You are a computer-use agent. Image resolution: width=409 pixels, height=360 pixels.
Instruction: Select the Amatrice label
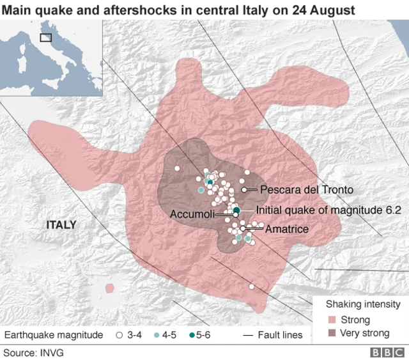[287, 229]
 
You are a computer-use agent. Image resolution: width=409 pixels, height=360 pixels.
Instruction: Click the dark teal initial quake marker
[236, 210]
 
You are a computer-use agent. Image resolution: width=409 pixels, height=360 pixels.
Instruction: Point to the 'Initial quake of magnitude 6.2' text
[328, 210]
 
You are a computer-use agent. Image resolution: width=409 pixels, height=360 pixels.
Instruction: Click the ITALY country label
[61, 225]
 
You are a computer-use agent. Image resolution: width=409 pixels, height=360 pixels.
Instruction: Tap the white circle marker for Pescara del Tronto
[245, 190]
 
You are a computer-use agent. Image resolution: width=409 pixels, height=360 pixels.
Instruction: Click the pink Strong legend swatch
[330, 320]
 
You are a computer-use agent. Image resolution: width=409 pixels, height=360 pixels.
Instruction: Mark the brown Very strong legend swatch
[330, 333]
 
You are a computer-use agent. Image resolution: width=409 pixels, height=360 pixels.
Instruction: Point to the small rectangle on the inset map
[46, 37]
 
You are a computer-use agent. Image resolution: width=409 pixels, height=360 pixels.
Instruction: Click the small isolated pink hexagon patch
[111, 288]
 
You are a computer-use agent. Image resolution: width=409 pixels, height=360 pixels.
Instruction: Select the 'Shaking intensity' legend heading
[363, 304]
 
